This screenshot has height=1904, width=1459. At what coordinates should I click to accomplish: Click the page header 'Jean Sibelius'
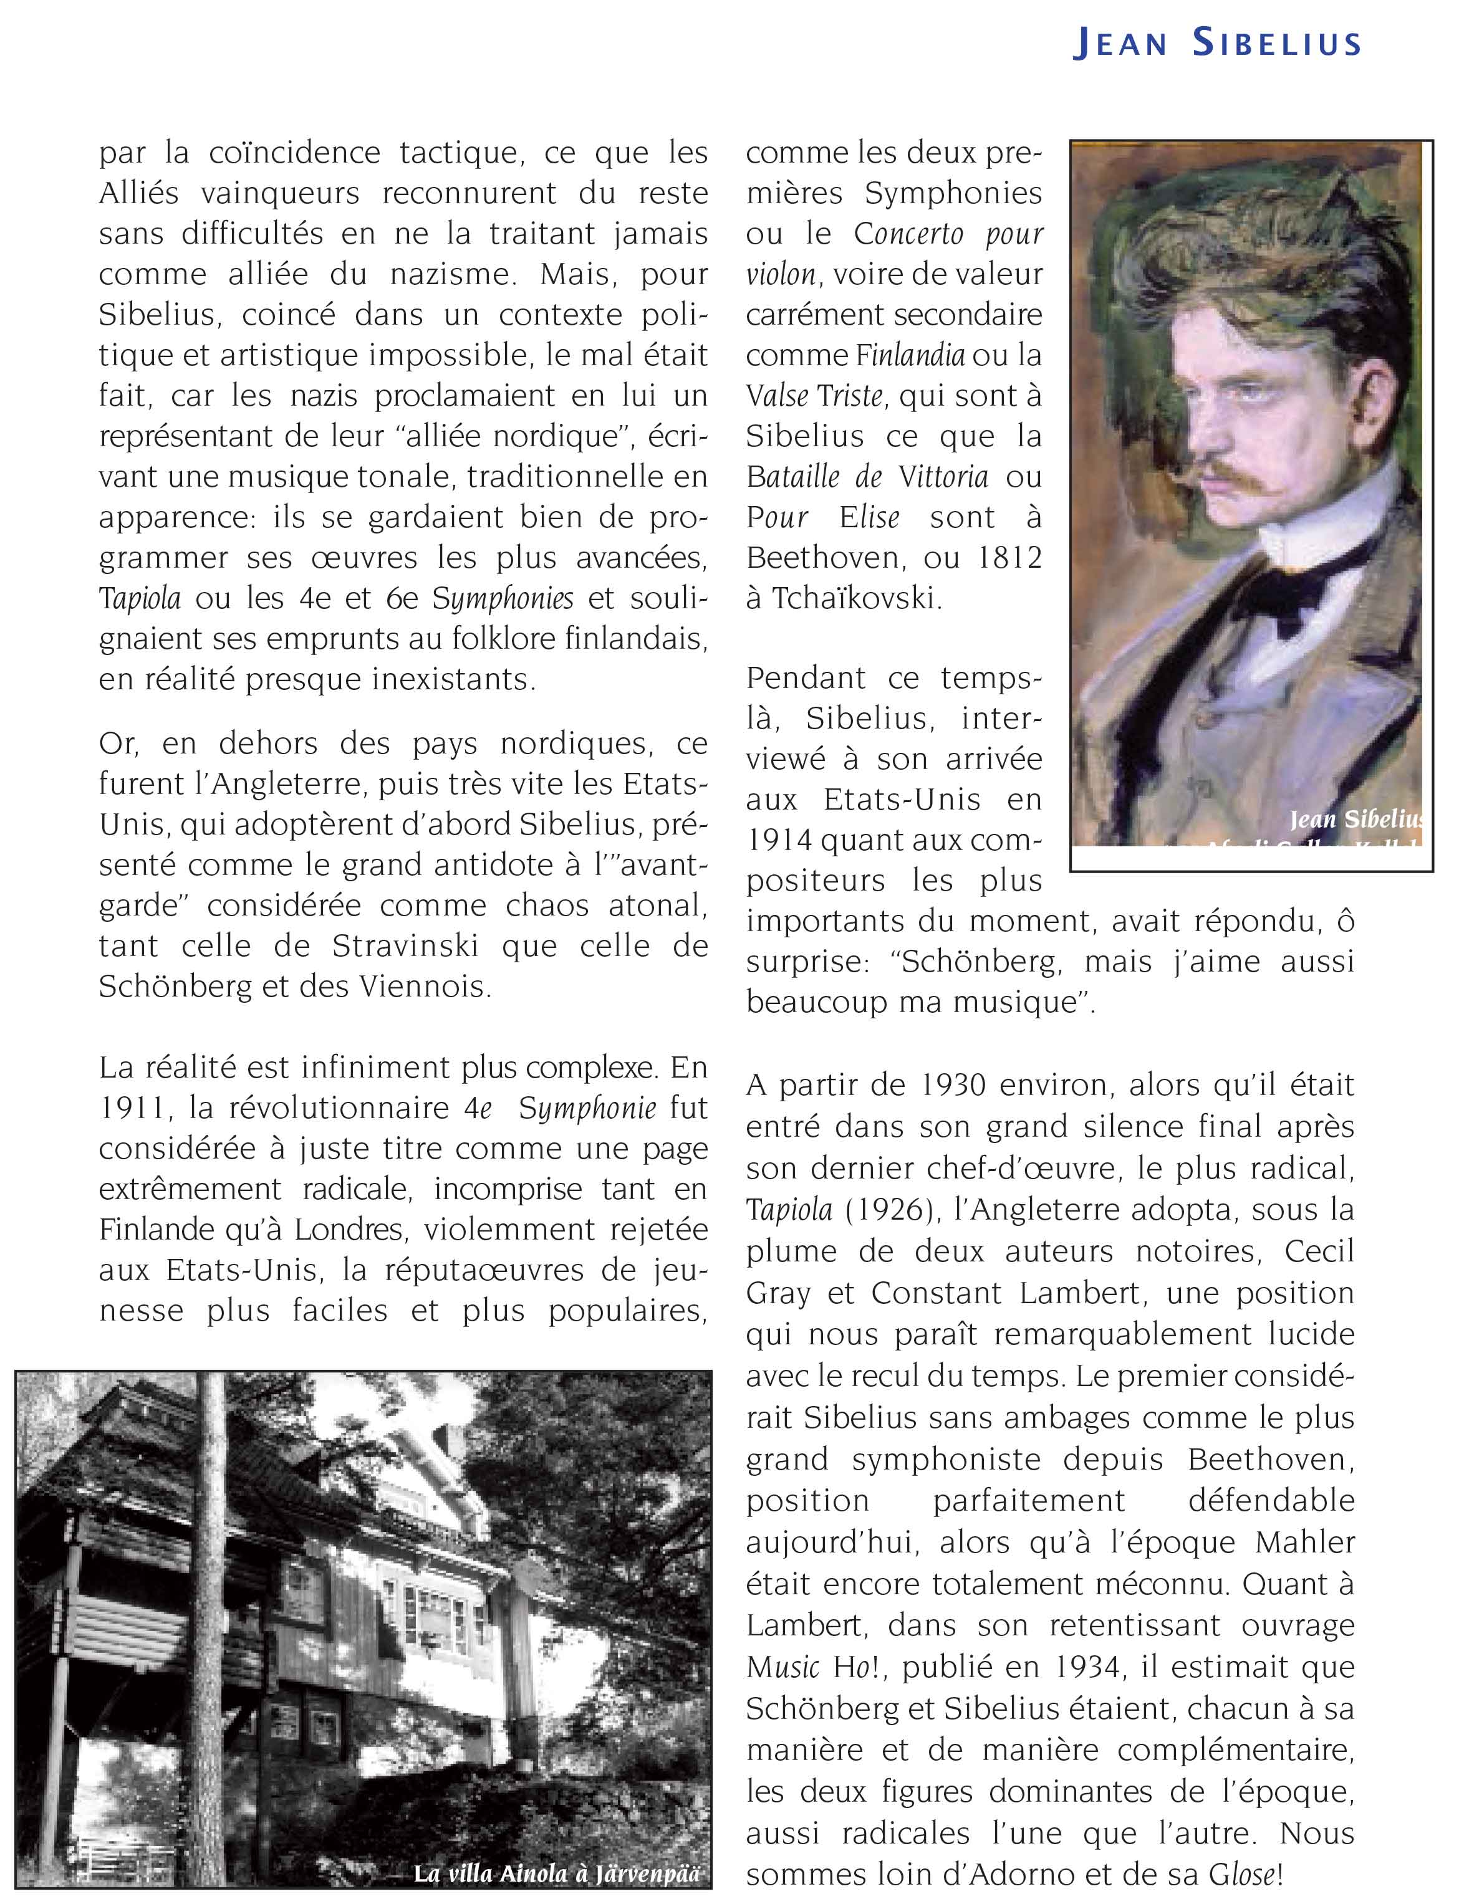[x=1216, y=44]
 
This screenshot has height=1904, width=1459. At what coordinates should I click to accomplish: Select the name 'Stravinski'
[x=405, y=945]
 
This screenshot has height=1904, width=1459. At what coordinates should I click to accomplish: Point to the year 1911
[x=131, y=1108]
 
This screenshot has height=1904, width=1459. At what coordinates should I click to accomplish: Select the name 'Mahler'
[x=1304, y=1542]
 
